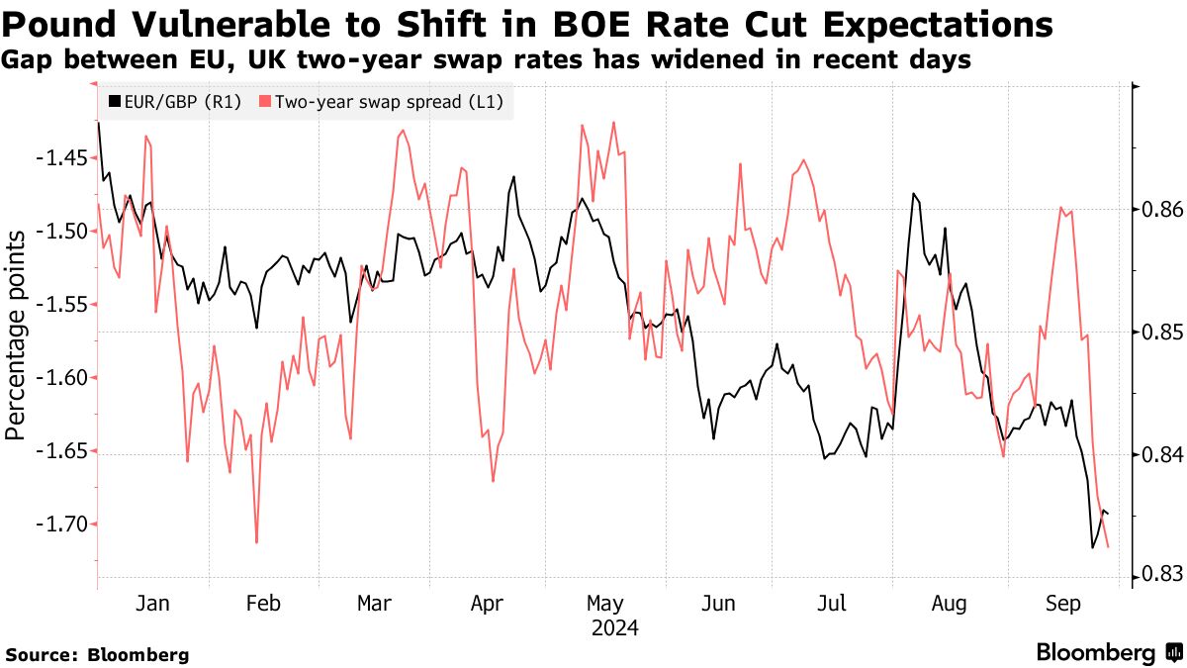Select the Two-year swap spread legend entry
[386, 101]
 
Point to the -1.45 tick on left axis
[64, 157]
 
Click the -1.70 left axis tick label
[64, 525]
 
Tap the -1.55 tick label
[64, 305]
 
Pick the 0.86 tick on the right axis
[1152, 210]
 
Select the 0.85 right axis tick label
[1152, 332]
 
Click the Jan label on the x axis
[153, 605]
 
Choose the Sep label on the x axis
[1063, 605]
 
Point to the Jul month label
[834, 605]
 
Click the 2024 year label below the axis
[614, 628]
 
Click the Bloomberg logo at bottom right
[1108, 653]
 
